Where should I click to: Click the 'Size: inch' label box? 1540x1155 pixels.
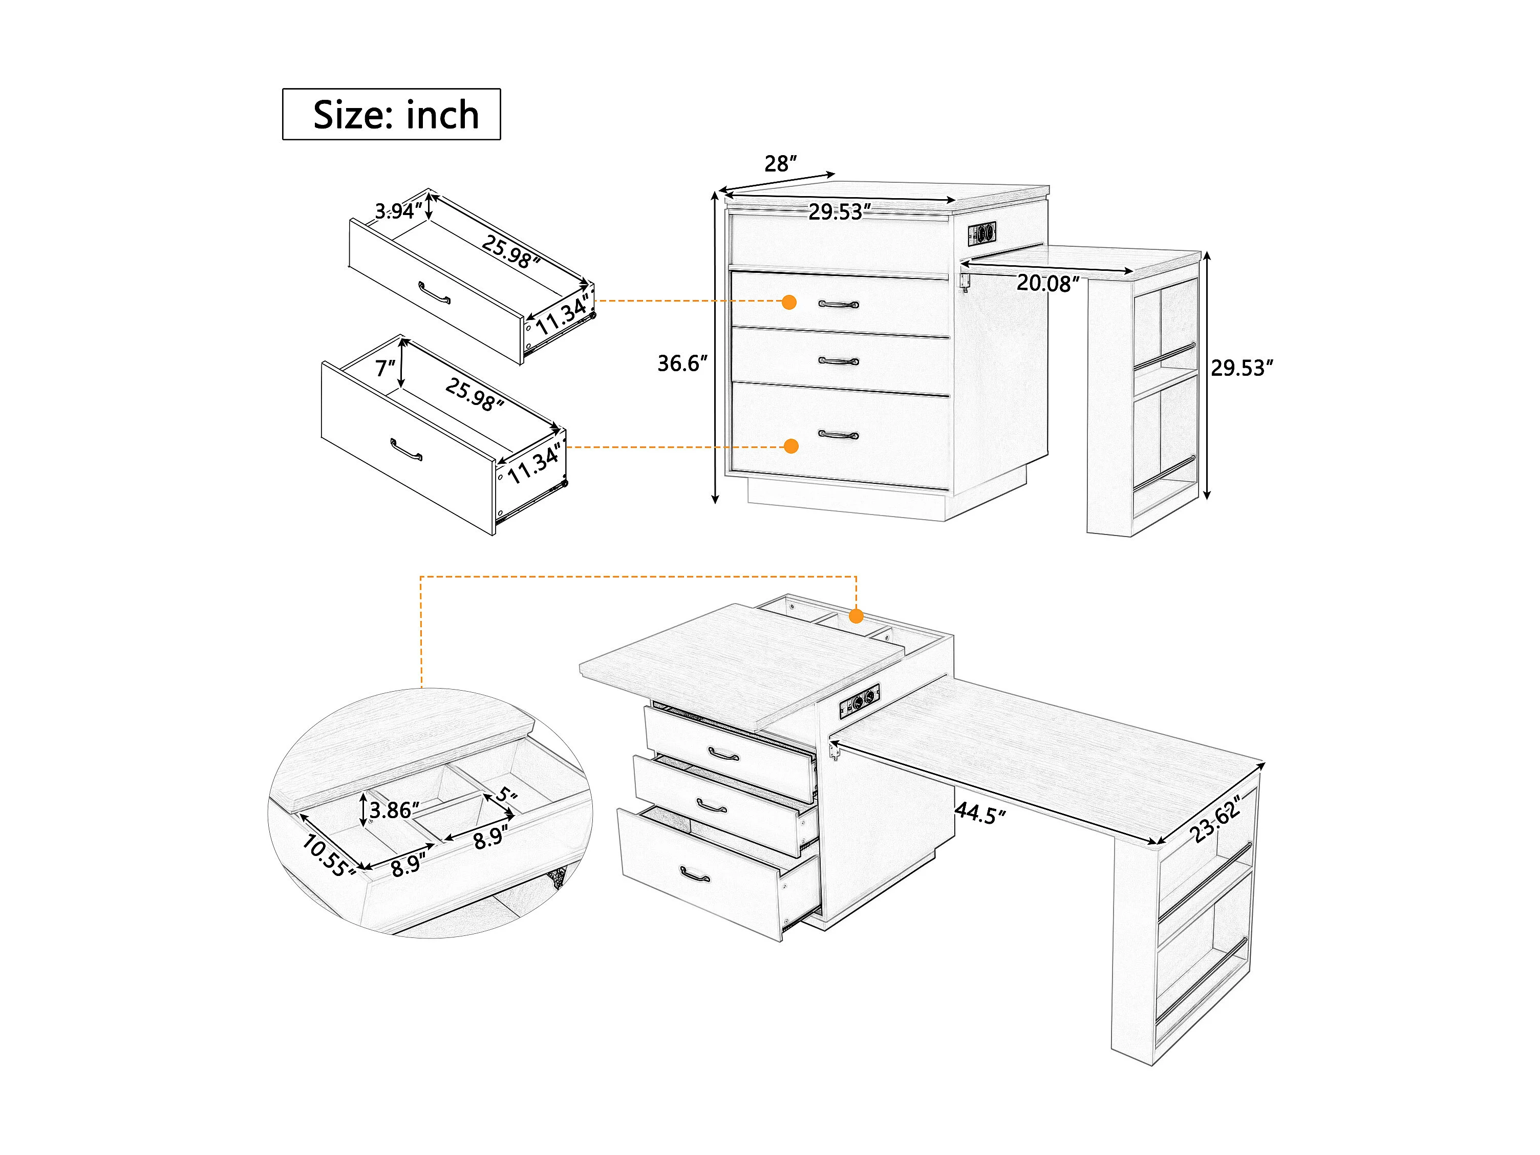click(x=391, y=114)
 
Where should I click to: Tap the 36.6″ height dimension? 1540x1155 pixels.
click(x=682, y=363)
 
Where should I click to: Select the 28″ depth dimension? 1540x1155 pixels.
click(x=780, y=164)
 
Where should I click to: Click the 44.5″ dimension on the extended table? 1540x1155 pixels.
click(x=980, y=813)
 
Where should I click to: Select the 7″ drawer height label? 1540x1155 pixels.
click(x=385, y=368)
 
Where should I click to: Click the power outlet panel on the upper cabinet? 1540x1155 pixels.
click(x=981, y=233)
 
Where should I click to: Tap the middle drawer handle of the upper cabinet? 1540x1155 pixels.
click(x=839, y=361)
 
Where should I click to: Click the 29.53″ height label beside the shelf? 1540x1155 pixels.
click(x=1242, y=368)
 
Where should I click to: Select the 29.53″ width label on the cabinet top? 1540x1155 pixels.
click(x=840, y=211)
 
